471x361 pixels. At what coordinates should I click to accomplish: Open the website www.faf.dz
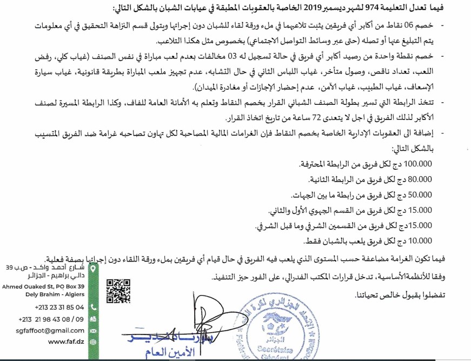pos(66,342)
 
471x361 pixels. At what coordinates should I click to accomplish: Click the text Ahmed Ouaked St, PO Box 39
pos(43,286)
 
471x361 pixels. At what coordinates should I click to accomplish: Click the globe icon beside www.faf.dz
pos(93,342)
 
